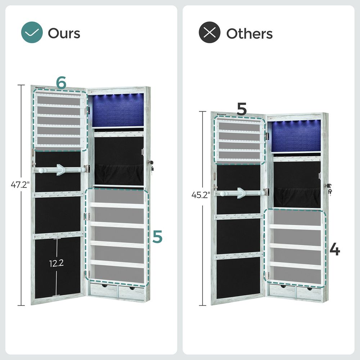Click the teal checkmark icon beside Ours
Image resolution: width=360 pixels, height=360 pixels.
click(32, 33)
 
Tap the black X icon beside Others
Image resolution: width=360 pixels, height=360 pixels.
click(210, 33)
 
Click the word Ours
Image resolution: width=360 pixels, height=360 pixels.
click(64, 33)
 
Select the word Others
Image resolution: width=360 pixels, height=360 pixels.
click(249, 33)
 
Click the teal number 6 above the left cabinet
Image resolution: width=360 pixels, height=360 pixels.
click(61, 84)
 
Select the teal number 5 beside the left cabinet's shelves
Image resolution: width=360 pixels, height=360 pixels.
click(157, 237)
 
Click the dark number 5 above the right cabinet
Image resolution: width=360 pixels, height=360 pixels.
click(242, 109)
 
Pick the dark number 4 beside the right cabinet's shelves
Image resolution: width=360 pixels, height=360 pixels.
click(335, 249)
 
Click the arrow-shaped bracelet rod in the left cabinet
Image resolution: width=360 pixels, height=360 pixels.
click(59, 169)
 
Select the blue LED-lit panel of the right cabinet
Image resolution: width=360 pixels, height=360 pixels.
click(295, 136)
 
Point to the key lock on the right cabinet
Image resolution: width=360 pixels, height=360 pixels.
click(329, 188)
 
